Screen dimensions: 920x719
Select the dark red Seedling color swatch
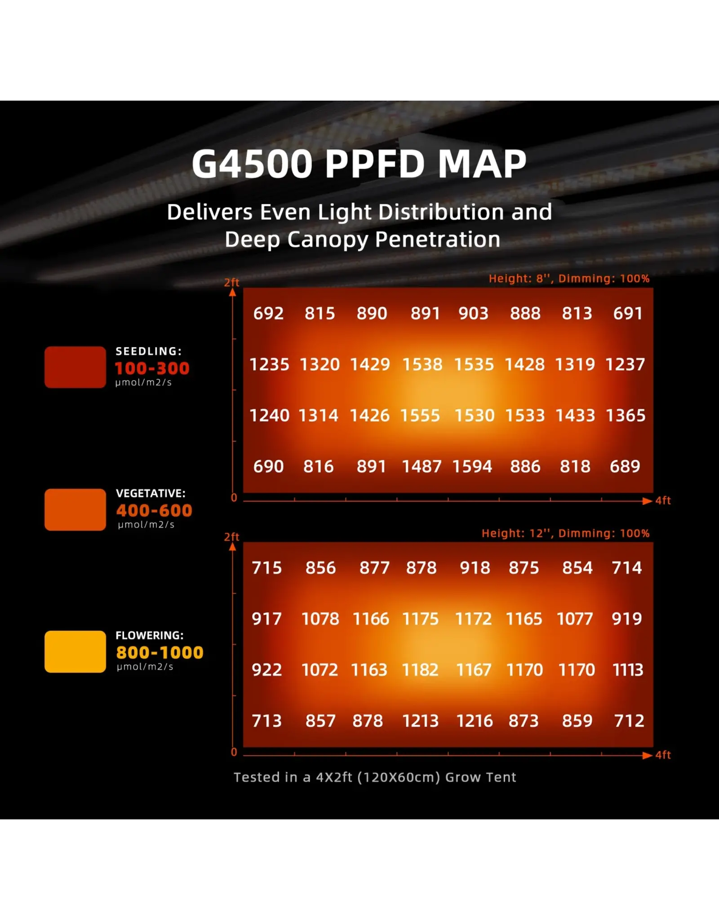75,367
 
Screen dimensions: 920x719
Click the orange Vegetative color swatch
75,509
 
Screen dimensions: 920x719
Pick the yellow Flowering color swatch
75,651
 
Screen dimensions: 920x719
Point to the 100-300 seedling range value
152,368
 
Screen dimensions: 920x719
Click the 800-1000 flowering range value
160,652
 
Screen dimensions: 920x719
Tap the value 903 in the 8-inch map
473,313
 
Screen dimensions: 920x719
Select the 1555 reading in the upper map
420,416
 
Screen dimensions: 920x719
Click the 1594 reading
472,466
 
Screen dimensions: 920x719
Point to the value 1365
625,416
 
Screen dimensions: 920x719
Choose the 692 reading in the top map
268,313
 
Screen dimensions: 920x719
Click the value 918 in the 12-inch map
475,568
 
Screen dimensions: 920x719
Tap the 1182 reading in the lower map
420,670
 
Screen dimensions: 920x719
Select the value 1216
475,721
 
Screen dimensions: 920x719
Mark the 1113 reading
628,670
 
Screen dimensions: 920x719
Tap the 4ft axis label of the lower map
663,755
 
